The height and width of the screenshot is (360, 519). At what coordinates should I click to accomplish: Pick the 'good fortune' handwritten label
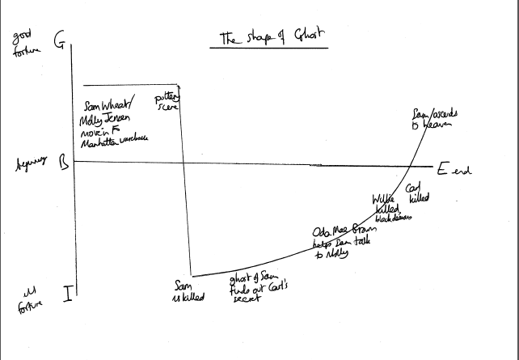tap(24, 45)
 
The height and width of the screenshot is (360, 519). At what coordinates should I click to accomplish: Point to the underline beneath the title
tap(268, 48)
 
